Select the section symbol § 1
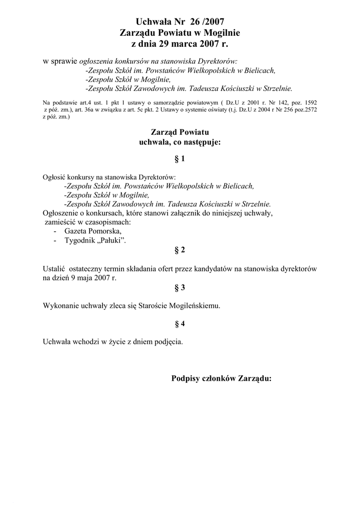180,159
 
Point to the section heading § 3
180,287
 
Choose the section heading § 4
180,324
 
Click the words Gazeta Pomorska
92,231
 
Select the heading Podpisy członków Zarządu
221,378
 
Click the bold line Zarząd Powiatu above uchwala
180,132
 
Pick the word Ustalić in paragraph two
54,268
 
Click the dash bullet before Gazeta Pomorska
54,232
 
